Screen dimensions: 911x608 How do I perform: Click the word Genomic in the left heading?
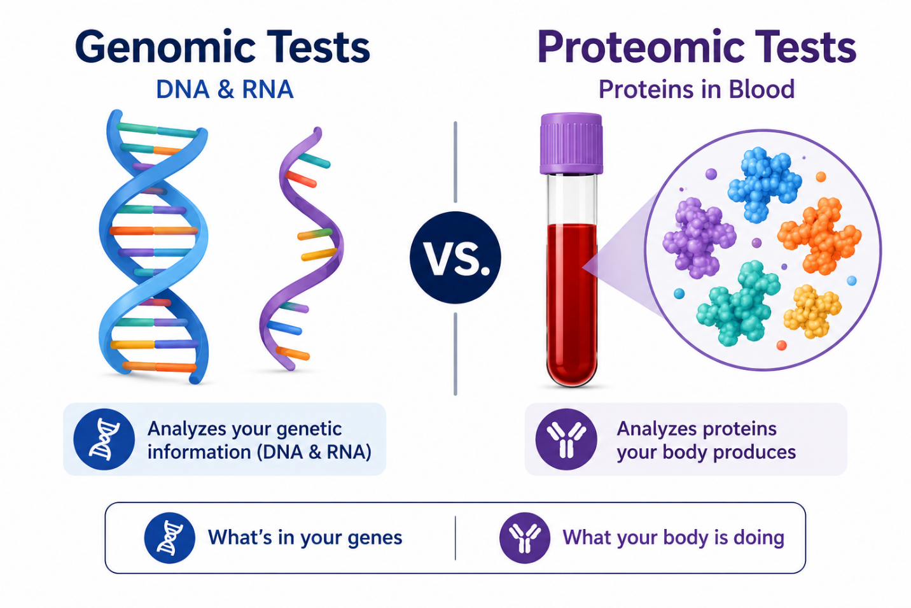coord(165,48)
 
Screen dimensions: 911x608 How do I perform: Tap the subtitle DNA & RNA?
coord(225,90)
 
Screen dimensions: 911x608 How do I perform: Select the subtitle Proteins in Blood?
coord(697,90)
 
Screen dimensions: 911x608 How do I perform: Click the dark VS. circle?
coord(455,257)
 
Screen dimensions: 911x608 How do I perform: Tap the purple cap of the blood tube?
coord(571,144)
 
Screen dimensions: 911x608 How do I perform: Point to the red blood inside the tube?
coord(572,303)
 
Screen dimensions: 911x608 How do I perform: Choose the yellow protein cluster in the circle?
coord(812,311)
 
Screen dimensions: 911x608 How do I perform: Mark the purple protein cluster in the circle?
coord(699,237)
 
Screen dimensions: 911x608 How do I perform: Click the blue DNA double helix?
coord(154,246)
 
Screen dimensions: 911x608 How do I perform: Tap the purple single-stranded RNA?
coord(301,249)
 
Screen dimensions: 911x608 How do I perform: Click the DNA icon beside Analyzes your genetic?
coord(104,439)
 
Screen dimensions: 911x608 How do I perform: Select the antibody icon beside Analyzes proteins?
coord(566,439)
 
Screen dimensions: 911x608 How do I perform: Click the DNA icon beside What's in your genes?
coord(170,537)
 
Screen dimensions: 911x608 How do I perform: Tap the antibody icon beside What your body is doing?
coord(525,537)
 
